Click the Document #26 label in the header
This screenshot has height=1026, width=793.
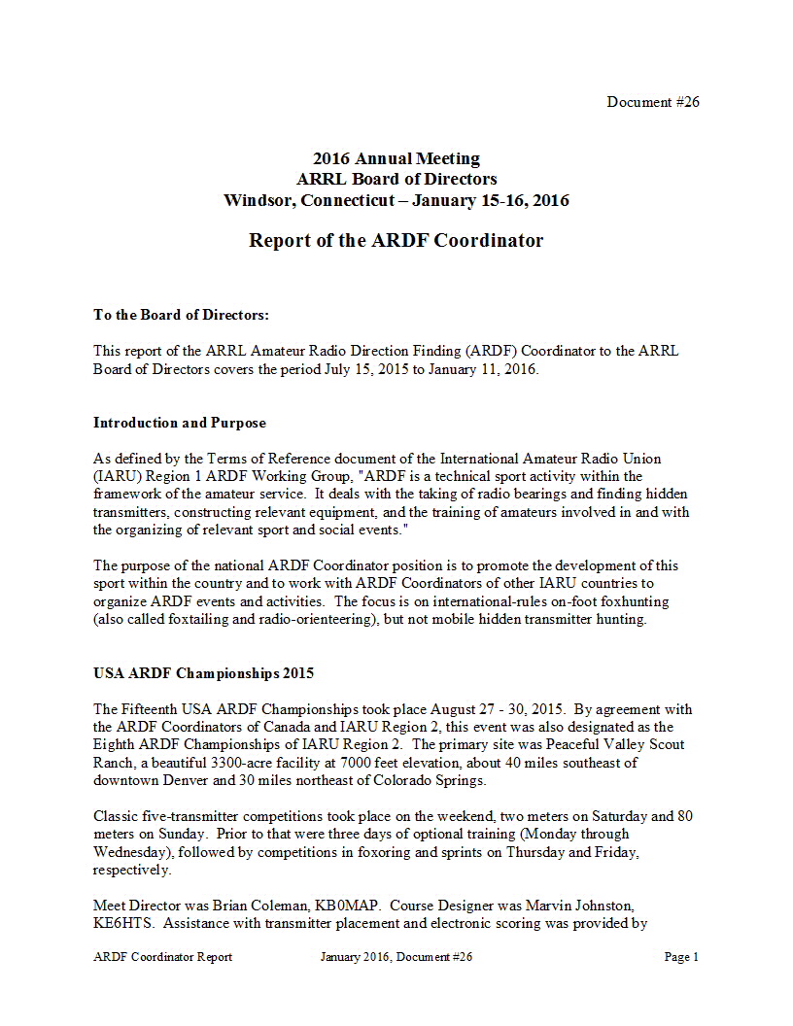(653, 102)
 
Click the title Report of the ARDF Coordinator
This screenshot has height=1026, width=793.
(396, 240)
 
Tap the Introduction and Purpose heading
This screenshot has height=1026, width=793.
(180, 423)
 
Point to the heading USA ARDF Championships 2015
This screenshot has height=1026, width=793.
(203, 673)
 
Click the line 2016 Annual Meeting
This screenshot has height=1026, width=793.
(396, 158)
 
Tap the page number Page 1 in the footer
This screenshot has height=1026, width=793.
(681, 957)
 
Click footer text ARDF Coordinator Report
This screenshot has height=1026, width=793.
(163, 957)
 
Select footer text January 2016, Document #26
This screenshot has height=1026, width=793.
(396, 957)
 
